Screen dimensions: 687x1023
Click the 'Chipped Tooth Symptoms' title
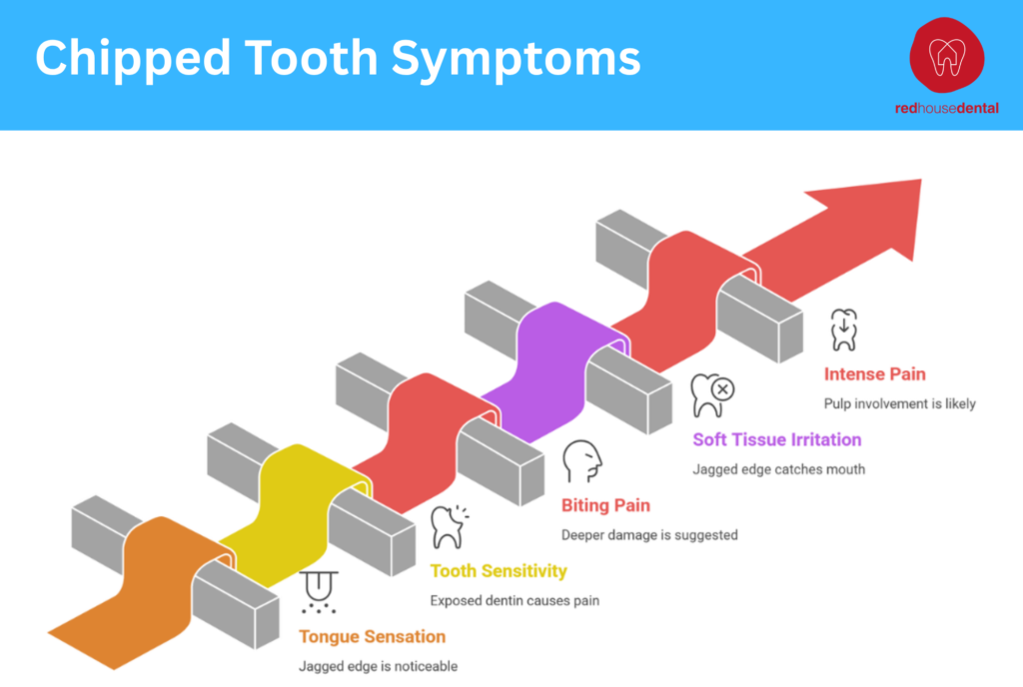338,59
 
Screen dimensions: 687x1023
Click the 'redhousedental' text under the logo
946,108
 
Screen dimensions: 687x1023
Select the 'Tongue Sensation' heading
372,636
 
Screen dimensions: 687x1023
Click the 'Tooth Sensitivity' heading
499,571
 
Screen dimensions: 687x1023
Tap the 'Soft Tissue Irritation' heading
776,439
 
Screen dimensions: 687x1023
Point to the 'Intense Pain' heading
874,374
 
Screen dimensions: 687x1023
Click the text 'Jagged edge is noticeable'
378,666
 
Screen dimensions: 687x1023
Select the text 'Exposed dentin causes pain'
514,601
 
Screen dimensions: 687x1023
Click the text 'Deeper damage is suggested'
649,535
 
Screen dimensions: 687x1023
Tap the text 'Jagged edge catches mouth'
779,469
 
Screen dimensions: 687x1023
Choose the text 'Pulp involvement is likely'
899,404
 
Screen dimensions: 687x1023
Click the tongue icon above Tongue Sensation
320,591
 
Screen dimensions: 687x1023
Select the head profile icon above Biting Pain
581,461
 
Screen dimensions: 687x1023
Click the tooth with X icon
712,395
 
